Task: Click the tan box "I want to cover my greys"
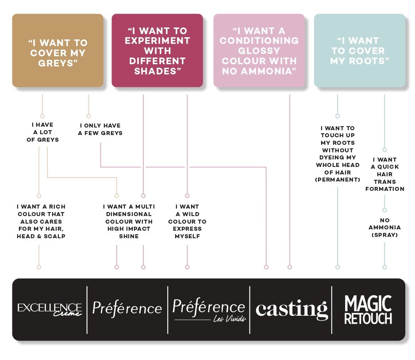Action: (58, 50)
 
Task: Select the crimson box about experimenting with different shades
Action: (157, 50)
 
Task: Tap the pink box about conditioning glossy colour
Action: (259, 50)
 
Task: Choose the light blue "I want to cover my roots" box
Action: (359, 50)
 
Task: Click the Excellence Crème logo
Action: (50, 309)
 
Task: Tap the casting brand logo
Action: (292, 309)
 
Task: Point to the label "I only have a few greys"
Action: (100, 129)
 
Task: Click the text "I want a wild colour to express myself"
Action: (187, 221)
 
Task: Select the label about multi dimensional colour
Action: (128, 221)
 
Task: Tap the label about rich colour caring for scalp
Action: (41, 221)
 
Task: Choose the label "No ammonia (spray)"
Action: (384, 228)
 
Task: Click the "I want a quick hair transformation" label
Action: (384, 174)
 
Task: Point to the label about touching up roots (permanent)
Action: (338, 154)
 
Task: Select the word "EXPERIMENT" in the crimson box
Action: (157, 41)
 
